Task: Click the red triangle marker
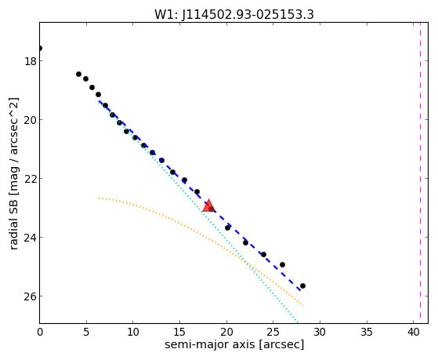point(208,205)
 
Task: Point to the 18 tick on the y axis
point(31,61)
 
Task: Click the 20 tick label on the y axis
point(31,120)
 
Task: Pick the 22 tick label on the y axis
point(31,179)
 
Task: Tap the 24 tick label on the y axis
point(31,237)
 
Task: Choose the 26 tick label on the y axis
point(31,296)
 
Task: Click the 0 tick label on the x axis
point(40,332)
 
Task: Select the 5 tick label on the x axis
point(86,332)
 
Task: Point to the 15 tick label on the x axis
point(179,332)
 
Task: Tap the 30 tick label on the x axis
point(320,332)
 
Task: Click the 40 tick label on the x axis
point(414,332)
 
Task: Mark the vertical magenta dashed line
point(420,173)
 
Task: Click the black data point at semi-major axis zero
point(40,48)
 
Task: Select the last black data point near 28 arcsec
point(302,285)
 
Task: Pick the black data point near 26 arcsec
point(282,264)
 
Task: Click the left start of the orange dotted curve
point(99,198)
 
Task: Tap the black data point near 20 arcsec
point(228,228)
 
